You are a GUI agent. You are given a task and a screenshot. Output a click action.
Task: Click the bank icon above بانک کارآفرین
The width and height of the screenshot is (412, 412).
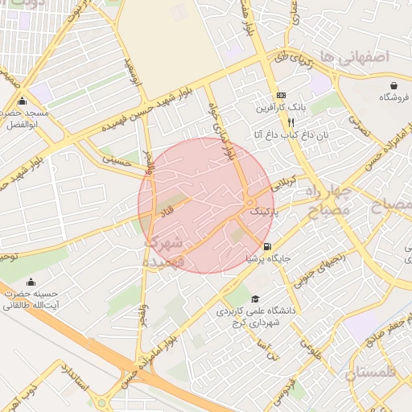pos(281,95)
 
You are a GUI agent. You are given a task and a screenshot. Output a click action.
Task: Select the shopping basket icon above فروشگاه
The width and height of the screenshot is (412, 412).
pos(394,85)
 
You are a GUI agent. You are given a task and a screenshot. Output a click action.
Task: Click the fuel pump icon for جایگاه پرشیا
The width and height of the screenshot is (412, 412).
pos(267,246)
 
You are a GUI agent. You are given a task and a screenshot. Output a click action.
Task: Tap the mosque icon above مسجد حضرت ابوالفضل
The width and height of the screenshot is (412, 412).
pos(22,102)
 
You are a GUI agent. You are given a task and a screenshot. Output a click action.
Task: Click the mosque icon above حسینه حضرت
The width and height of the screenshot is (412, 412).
pos(31,282)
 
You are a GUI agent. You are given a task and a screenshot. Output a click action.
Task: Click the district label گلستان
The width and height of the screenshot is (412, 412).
pos(372,373)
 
